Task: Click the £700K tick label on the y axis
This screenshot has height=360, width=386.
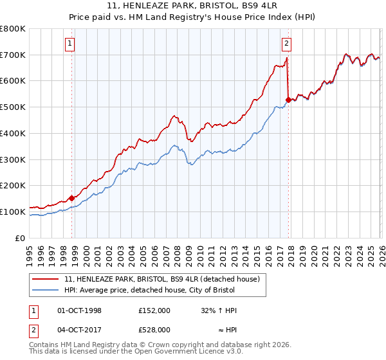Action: pyautogui.click(x=13, y=55)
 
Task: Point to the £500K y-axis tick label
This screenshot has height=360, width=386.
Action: pyautogui.click(x=13, y=107)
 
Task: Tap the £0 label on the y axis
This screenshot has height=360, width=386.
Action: pyautogui.click(x=20, y=238)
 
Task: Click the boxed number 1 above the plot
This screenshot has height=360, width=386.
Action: pyautogui.click(x=69, y=44)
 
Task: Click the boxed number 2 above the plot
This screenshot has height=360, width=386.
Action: pyautogui.click(x=286, y=44)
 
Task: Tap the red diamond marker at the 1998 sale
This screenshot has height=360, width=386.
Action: pyautogui.click(x=71, y=198)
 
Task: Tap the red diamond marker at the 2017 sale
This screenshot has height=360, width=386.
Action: pyautogui.click(x=288, y=100)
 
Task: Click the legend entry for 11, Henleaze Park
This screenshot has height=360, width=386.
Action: pyautogui.click(x=161, y=279)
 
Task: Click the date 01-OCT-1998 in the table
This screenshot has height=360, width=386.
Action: pyautogui.click(x=80, y=310)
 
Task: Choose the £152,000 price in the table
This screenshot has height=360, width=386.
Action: pyautogui.click(x=154, y=310)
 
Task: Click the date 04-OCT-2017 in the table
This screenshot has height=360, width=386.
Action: pyautogui.click(x=80, y=330)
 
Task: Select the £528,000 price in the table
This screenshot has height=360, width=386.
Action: pyautogui.click(x=154, y=330)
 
